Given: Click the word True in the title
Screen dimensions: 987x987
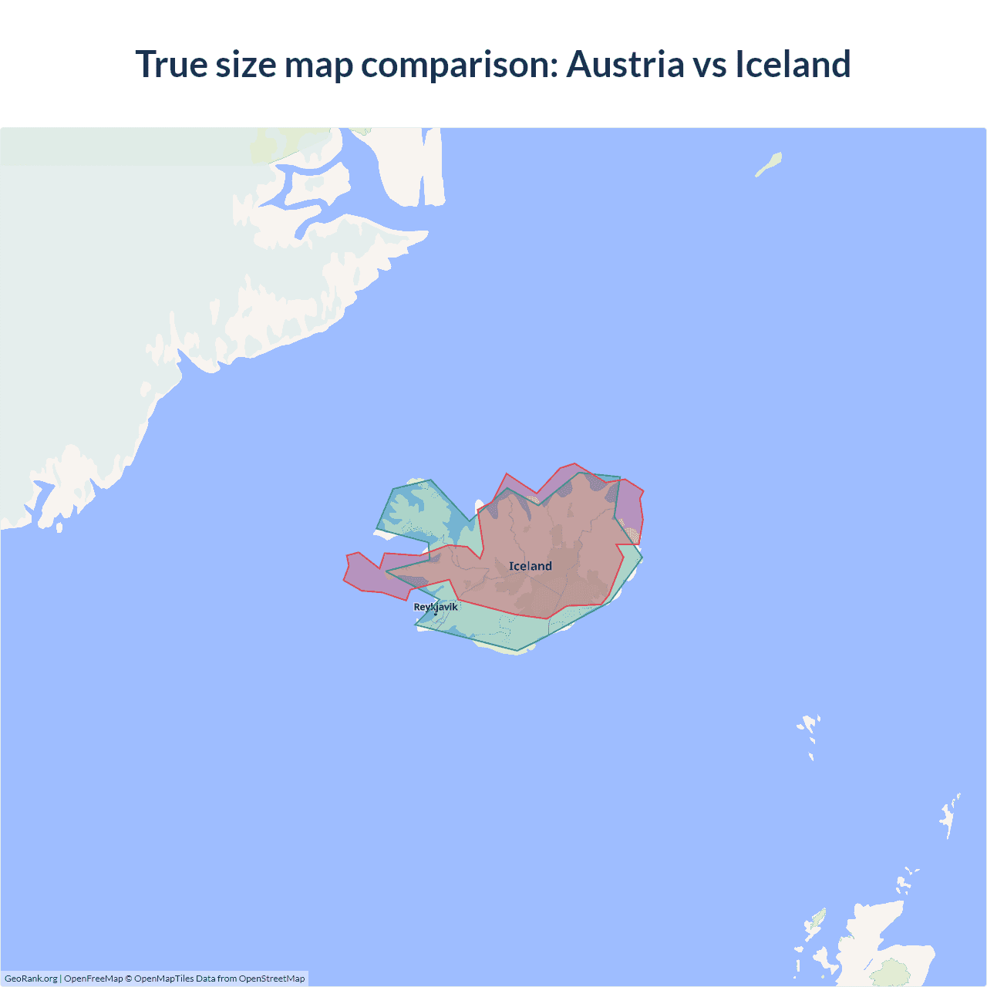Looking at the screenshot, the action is [171, 64].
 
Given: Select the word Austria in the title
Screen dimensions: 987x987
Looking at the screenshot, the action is [625, 64].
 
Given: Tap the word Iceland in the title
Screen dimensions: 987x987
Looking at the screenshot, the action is [793, 64].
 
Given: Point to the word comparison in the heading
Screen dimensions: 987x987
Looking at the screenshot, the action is [459, 66].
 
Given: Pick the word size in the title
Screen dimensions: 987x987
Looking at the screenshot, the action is [246, 64].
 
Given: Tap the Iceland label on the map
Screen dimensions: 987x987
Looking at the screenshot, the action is [531, 566].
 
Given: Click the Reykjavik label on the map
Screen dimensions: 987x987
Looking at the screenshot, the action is [436, 607].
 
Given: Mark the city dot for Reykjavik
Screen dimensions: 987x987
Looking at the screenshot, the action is [436, 614].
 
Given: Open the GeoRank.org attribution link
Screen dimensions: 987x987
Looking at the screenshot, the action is [31, 979].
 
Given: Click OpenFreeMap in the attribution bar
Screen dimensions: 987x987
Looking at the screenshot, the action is [93, 979].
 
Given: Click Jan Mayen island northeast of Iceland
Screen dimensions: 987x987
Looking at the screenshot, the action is [769, 164].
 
